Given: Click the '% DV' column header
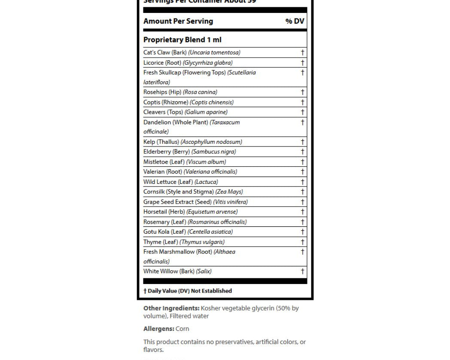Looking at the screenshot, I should coord(295,21).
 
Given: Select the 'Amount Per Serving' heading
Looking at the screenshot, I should coord(178,21).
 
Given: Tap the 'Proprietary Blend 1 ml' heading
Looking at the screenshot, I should coord(182,40).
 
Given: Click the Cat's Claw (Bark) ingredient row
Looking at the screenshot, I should coord(192,52).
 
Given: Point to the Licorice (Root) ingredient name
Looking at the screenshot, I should coord(162,63).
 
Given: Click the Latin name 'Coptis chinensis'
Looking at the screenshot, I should coord(212,102).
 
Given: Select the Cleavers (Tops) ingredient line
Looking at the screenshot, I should coord(185,112).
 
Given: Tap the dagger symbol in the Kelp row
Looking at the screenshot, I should coord(302,142).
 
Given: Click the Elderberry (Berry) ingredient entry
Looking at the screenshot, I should coord(189,152).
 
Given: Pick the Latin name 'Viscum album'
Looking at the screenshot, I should coord(206,162).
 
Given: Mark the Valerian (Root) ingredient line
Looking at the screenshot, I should coord(190,172).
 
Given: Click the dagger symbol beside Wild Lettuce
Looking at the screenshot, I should coord(302,182).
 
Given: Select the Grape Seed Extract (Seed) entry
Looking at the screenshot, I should coord(195,202).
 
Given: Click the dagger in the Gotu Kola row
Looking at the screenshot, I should coord(302,232).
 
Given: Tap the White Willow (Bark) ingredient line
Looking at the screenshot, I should coord(177,271).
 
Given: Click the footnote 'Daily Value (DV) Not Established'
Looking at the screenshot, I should coord(189,291).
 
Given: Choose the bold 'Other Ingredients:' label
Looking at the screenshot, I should coord(171,308).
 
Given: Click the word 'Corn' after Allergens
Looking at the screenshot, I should coord(182,329).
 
